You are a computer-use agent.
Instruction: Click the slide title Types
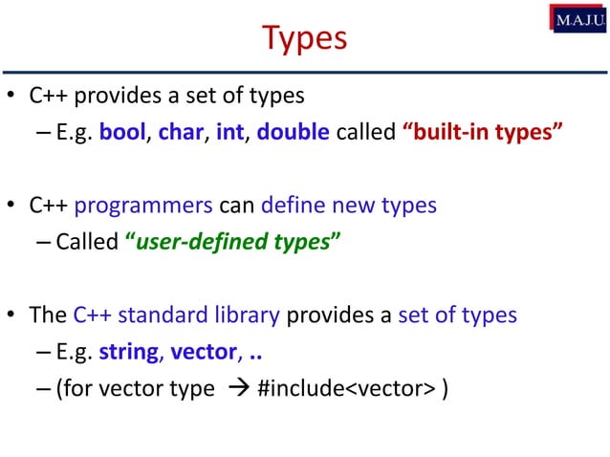coord(304,38)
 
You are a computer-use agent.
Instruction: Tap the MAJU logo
coord(577,18)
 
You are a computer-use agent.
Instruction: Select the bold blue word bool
coord(122,132)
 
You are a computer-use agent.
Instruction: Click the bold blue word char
coord(181,132)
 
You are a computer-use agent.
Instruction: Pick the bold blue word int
coord(229,132)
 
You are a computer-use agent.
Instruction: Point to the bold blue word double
coord(294,132)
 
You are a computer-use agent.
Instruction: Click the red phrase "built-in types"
coord(481,132)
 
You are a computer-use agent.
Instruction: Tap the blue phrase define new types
coord(341,205)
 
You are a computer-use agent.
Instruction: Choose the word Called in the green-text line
coord(87,241)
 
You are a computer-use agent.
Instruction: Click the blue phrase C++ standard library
coord(176,315)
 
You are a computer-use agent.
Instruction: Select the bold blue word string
coord(128,351)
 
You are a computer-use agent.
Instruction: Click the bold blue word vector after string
coord(203,351)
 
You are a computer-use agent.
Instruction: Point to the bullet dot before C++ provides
coord(11,96)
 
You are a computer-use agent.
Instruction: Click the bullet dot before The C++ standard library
coord(11,316)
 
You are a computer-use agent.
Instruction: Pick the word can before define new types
coord(236,205)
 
